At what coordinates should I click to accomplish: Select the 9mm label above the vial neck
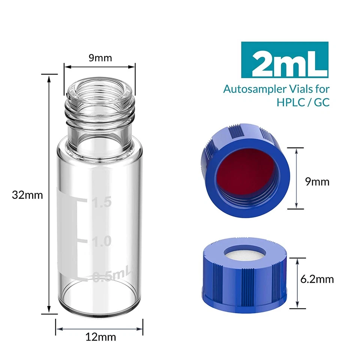point(100,58)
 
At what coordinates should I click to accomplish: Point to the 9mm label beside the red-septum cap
point(317,182)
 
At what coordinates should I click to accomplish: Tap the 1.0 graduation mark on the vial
point(102,241)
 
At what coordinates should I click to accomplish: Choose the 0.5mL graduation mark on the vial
point(111,277)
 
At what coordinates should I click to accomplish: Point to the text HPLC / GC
point(303,102)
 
